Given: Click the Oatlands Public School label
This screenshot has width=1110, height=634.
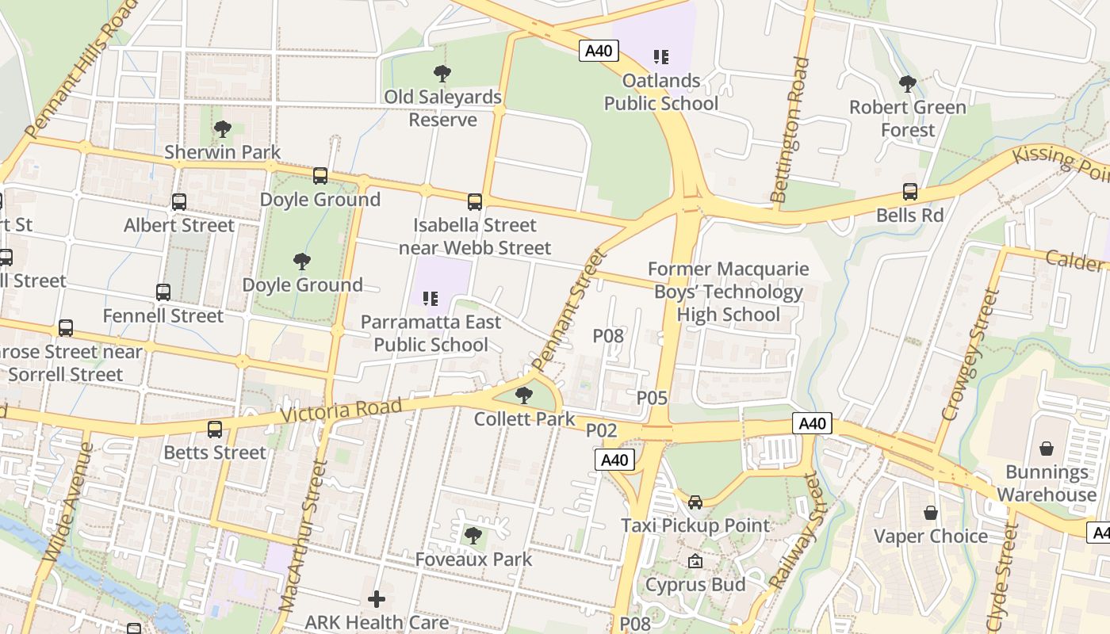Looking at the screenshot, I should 661,92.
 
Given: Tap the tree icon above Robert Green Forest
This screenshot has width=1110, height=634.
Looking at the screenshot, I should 908,83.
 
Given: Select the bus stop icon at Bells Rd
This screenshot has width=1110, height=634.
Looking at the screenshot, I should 909,192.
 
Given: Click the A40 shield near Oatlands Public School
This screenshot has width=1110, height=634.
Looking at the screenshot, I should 598,51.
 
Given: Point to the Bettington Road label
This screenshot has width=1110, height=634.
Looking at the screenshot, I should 790,128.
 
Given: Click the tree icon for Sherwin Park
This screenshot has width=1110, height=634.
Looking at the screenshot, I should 223,128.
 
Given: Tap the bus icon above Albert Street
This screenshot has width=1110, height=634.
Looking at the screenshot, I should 179,202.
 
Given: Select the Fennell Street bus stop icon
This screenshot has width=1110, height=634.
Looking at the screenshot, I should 163,292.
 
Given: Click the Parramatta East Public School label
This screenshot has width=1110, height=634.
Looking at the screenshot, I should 431,334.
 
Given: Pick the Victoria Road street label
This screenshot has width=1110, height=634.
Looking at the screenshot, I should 341,411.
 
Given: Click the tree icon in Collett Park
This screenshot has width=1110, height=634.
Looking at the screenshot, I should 523,395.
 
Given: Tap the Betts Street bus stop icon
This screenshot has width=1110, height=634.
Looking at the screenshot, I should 215,430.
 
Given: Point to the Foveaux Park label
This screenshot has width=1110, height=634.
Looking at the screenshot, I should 473,559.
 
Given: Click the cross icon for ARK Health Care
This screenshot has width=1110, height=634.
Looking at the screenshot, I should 377,599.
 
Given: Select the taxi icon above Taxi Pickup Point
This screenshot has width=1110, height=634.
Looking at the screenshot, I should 695,502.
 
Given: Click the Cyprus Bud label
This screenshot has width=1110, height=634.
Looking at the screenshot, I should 695,584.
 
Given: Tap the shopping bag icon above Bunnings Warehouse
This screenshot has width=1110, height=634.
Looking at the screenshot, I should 1047,449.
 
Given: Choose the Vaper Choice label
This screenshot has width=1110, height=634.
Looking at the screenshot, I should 931,536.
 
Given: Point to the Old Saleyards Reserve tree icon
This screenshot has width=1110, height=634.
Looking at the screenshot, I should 442,74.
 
